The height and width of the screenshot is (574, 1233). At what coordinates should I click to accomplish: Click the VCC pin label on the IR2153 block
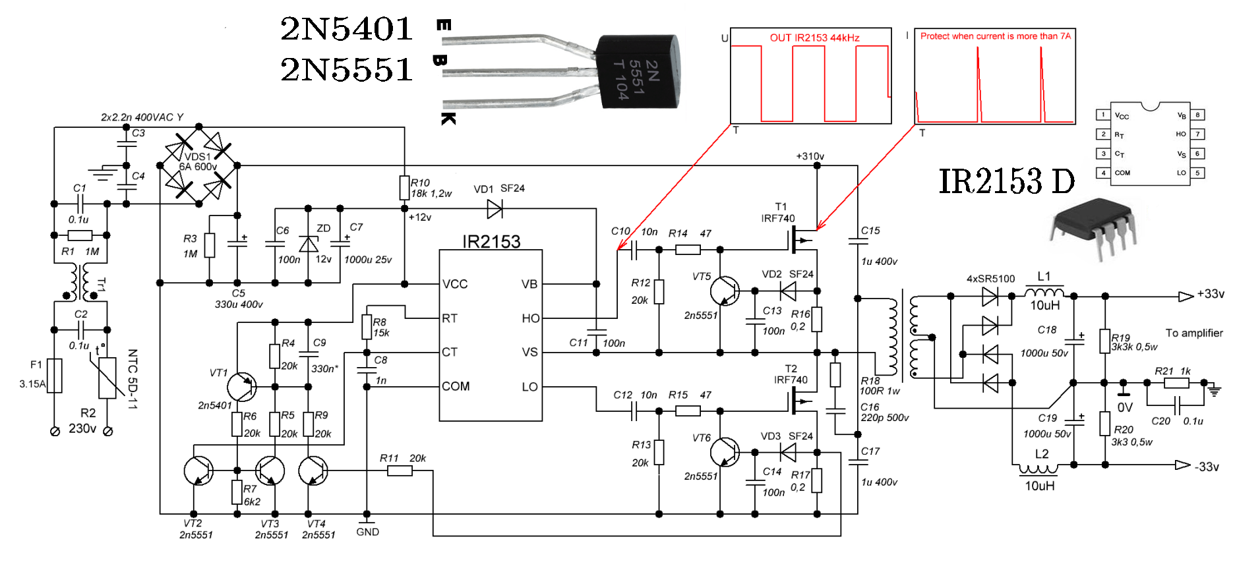point(455,284)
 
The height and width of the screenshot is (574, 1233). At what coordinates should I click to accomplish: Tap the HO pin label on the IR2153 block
point(530,318)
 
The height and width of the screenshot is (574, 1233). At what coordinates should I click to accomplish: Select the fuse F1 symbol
point(55,376)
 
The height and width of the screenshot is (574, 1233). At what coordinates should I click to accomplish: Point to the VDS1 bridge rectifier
point(198,165)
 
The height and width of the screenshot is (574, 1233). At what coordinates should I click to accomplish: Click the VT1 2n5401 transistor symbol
point(241,387)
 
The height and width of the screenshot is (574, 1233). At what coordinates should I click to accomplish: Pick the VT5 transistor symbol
point(725,290)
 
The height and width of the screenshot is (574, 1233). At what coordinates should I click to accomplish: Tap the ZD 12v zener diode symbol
point(308,244)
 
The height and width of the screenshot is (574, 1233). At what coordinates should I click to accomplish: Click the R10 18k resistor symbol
point(404,188)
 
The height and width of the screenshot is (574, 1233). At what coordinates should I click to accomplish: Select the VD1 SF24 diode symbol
point(495,209)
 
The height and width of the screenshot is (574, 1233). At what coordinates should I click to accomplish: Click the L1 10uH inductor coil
point(1044,292)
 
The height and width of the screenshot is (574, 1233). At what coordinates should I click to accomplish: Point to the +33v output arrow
point(1186,297)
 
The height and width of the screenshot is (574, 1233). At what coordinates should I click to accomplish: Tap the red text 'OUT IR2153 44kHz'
point(814,38)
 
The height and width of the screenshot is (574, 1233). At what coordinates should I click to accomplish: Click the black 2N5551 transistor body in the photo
point(637,72)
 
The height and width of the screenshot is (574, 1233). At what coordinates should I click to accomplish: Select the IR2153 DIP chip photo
point(1093,227)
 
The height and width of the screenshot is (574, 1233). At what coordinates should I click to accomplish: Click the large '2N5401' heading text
point(346,28)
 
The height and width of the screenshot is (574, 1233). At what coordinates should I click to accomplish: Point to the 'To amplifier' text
point(1194,333)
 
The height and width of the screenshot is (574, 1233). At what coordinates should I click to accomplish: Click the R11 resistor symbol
point(400,471)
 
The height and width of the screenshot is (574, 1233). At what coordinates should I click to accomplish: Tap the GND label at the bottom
point(367,532)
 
